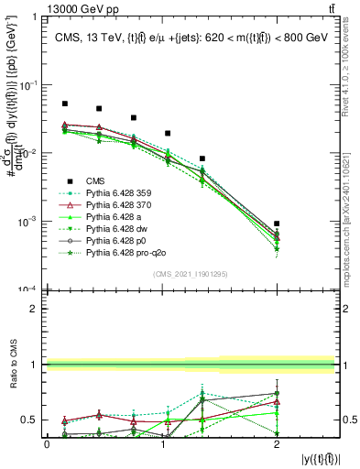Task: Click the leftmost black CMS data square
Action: click(65, 104)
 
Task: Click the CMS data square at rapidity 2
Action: click(277, 224)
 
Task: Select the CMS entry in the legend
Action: click(97, 180)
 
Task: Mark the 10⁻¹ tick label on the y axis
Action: click(31, 85)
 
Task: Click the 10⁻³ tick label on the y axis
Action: click(31, 222)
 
